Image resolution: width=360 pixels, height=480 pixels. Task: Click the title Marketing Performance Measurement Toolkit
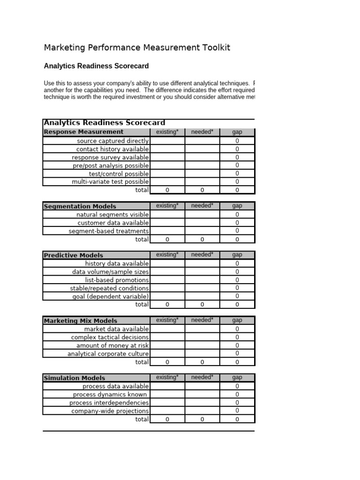[x=137, y=48]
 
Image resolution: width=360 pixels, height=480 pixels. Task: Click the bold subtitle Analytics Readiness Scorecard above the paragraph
[x=96, y=66]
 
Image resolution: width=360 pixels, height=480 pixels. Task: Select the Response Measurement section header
[x=84, y=132]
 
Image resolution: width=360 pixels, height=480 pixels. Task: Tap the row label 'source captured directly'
[x=112, y=141]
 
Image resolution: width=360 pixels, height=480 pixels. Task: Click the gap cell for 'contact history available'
[x=237, y=149]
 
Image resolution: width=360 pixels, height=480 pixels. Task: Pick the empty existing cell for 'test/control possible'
[x=167, y=173]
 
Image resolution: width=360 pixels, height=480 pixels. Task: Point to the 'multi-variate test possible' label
[x=110, y=181]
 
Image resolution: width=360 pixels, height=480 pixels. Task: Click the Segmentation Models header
[x=80, y=206]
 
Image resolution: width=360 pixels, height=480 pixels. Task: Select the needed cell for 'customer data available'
[x=202, y=223]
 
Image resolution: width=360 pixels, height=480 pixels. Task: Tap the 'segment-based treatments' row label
[x=109, y=231]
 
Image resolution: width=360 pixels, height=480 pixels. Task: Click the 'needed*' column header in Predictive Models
[x=202, y=255]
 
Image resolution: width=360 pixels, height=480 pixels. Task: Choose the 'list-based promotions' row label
[x=117, y=280]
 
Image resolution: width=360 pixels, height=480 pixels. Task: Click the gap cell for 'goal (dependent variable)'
[x=237, y=296]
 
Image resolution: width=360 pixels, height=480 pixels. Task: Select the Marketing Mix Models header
[x=81, y=321]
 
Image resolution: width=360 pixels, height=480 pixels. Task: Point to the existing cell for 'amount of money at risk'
[x=167, y=345]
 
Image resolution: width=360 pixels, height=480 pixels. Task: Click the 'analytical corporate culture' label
[x=108, y=354]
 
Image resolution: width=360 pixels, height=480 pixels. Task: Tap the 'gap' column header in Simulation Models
[x=237, y=378]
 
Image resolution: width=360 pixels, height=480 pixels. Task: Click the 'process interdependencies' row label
[x=109, y=403]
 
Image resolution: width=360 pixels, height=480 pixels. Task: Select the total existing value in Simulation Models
[x=167, y=420]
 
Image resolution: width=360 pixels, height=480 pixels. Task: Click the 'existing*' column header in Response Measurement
[x=167, y=132]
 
